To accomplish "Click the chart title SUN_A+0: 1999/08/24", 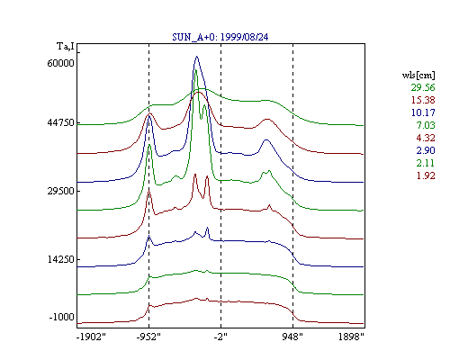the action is (x=220, y=37).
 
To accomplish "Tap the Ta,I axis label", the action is (x=66, y=47).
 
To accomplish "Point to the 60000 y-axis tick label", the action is (x=60, y=63).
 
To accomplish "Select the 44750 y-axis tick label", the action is (x=60, y=122).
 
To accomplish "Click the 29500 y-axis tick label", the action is (x=60, y=191).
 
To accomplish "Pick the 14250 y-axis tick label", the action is (x=60, y=259).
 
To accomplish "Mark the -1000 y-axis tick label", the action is (x=62, y=317).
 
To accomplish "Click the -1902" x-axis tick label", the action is (x=92, y=337).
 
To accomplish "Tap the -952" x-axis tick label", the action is (x=148, y=337).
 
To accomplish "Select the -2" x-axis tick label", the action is (x=220, y=337).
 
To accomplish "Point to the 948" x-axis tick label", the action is (x=292, y=337).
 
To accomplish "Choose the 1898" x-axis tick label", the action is (x=351, y=337).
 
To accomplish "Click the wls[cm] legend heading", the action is (x=418, y=76).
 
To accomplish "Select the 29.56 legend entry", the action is (x=423, y=87).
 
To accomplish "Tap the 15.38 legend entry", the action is (x=423, y=100).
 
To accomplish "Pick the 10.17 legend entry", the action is (x=423, y=112).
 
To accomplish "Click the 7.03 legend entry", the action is (x=426, y=125).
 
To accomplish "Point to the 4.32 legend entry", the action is (x=426, y=138).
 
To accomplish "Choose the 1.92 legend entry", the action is (x=426, y=175).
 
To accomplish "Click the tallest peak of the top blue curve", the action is (x=197, y=56).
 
